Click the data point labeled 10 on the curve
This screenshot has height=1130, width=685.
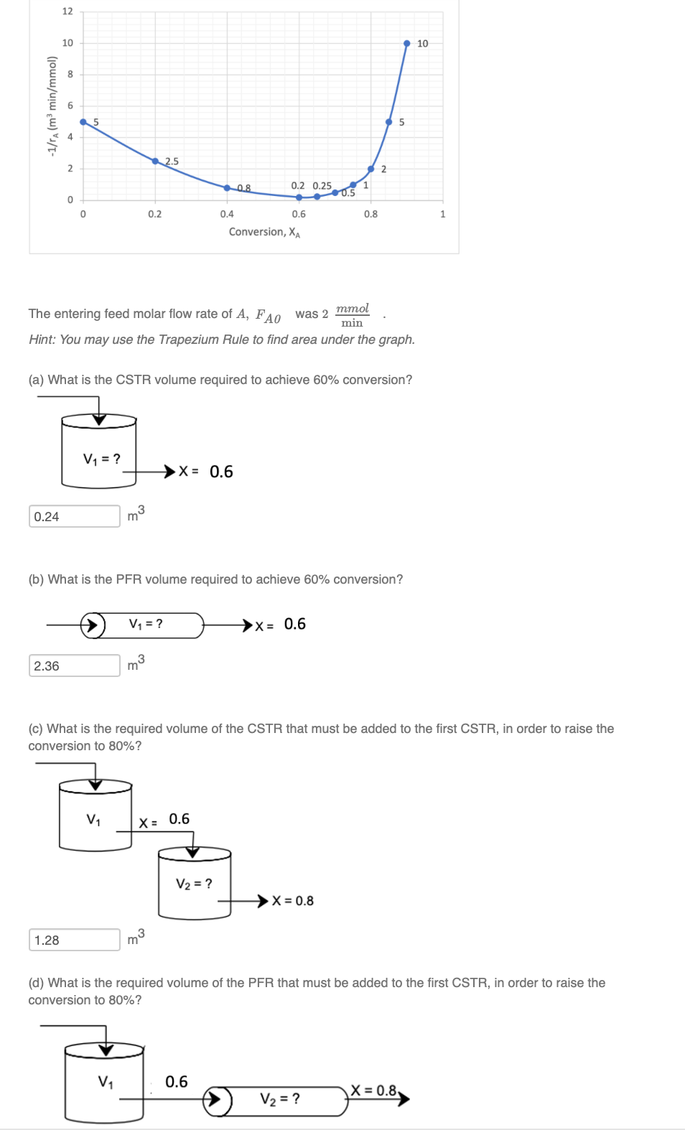[406, 44]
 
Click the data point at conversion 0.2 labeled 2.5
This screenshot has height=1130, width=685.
[155, 161]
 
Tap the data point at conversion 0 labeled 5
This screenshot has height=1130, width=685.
[83, 122]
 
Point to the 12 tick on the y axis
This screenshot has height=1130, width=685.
[67, 11]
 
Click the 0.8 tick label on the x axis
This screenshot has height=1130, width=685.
[371, 214]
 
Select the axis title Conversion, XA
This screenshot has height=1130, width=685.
[264, 232]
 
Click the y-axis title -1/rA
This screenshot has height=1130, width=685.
[52, 106]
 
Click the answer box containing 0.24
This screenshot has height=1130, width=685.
[74, 516]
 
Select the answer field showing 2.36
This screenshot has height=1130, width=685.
[74, 666]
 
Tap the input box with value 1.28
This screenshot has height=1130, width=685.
[74, 940]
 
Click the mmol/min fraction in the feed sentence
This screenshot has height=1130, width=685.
[352, 315]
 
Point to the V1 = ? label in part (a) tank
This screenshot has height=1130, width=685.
[102, 459]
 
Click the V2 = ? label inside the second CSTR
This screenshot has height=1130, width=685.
[194, 884]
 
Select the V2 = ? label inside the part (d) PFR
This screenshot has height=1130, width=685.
[280, 1099]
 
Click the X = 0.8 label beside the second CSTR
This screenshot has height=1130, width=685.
[293, 901]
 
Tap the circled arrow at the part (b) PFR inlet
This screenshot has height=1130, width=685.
[93, 625]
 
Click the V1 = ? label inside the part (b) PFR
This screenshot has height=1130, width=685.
[146, 624]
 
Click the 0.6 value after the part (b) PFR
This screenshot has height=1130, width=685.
[294, 624]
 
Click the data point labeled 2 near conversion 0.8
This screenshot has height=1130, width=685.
[371, 169]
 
